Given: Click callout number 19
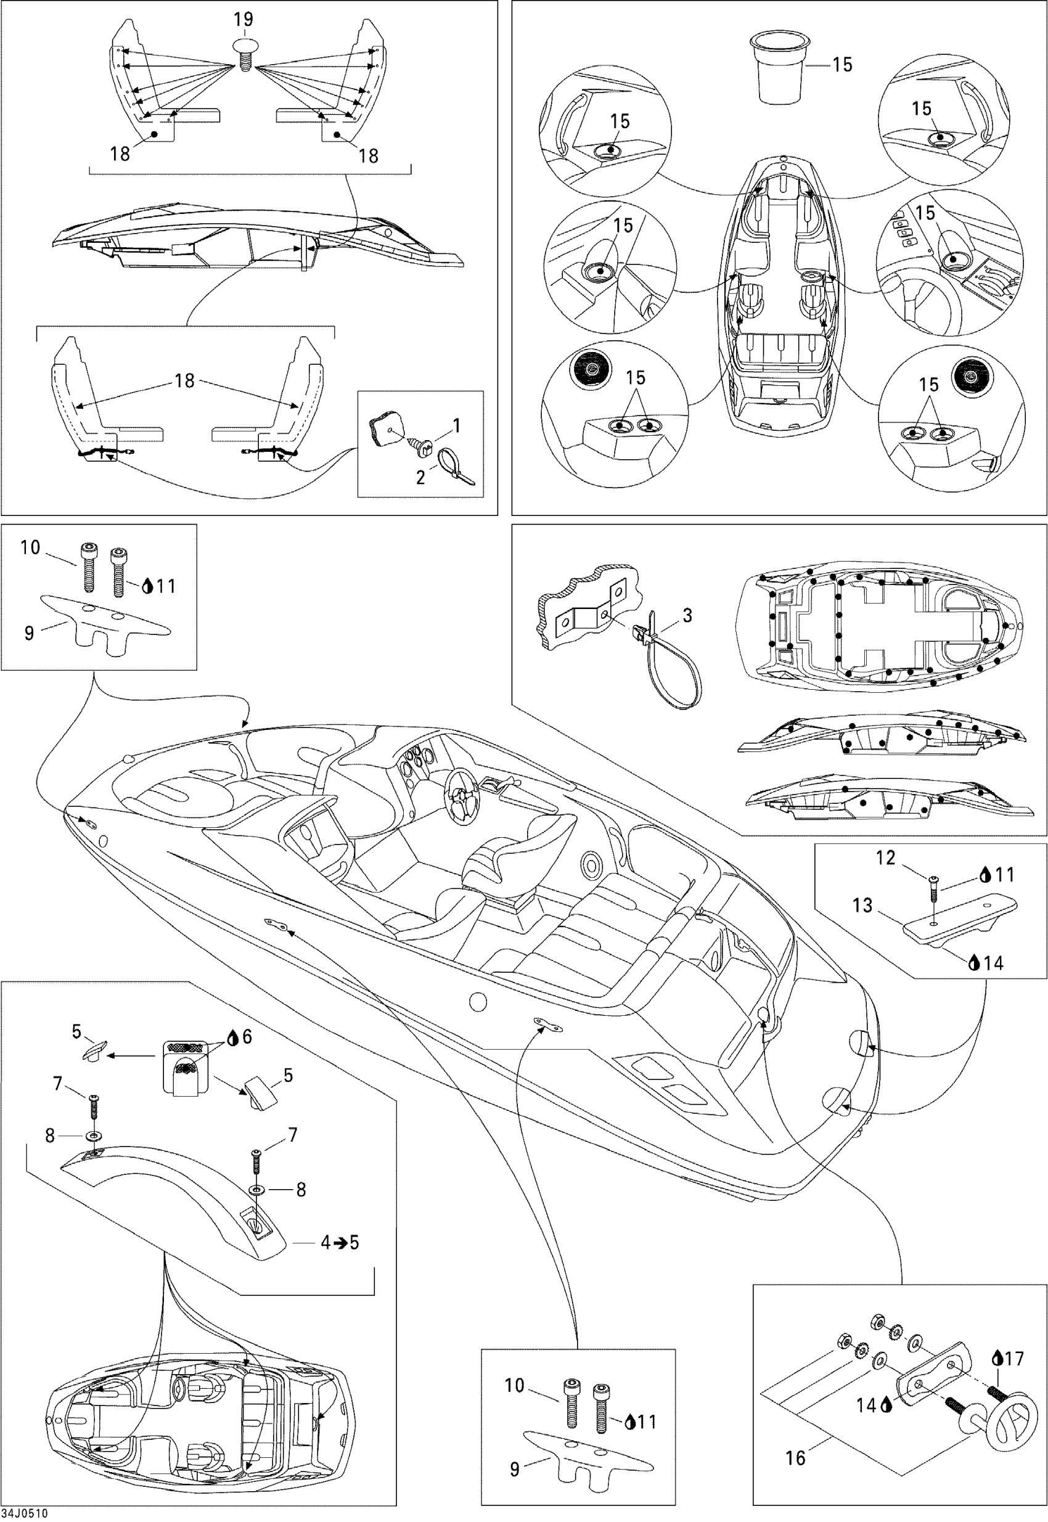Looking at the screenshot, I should [x=244, y=19].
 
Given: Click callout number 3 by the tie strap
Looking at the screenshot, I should [x=687, y=615].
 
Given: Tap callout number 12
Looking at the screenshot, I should [x=886, y=857].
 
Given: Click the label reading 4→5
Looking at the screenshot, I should [x=340, y=1243].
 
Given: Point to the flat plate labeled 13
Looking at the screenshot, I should [x=958, y=925].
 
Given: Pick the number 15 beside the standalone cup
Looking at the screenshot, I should [x=843, y=64].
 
